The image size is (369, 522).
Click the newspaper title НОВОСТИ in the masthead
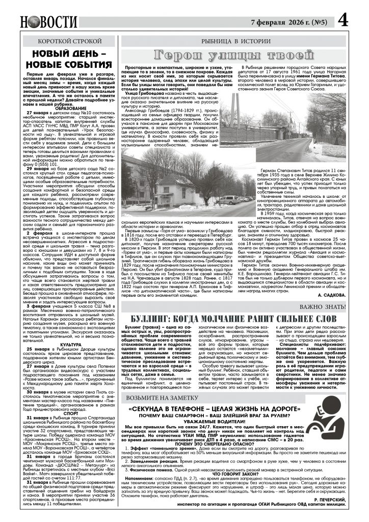pos(49,22)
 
